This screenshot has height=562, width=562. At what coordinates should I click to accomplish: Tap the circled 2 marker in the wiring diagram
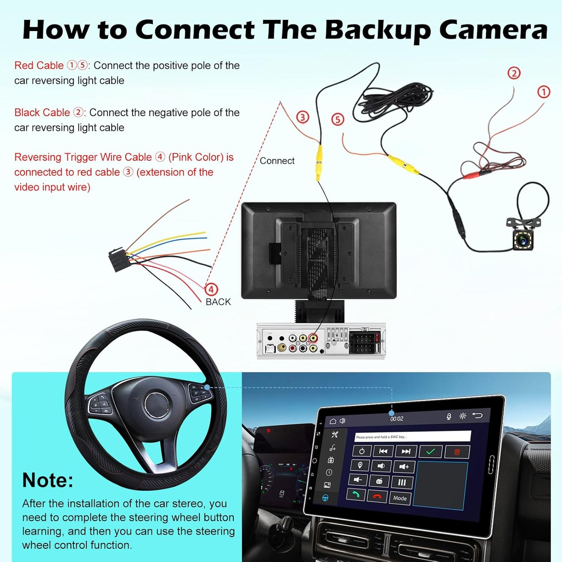pos(514,73)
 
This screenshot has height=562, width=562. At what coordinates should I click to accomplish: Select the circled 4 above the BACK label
pos(211,289)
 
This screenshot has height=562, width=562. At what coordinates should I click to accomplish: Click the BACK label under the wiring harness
pos(218,302)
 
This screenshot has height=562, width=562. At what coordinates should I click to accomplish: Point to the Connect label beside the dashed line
pos(277,161)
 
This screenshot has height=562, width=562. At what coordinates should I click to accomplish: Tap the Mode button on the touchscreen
pos(399,498)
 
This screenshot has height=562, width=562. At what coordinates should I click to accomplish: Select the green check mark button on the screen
pos(431,452)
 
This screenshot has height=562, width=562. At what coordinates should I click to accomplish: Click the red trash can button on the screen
pos(457,452)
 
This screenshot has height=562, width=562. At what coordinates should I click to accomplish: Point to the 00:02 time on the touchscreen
pos(397,419)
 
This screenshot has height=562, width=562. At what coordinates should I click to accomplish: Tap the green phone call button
pos(356,494)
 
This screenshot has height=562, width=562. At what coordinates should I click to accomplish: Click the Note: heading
pos(48,480)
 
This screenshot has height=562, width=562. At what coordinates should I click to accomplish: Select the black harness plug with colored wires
pos(117,259)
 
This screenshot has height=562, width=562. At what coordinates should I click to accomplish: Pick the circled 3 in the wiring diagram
pos(303,117)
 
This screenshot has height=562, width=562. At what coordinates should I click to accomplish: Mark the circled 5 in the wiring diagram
pos(338,119)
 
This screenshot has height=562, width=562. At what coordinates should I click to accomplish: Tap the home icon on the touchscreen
pos(333,421)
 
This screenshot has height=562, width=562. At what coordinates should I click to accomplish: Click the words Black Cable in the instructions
pos(42,113)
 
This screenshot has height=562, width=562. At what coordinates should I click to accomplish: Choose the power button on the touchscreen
pos(362,451)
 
